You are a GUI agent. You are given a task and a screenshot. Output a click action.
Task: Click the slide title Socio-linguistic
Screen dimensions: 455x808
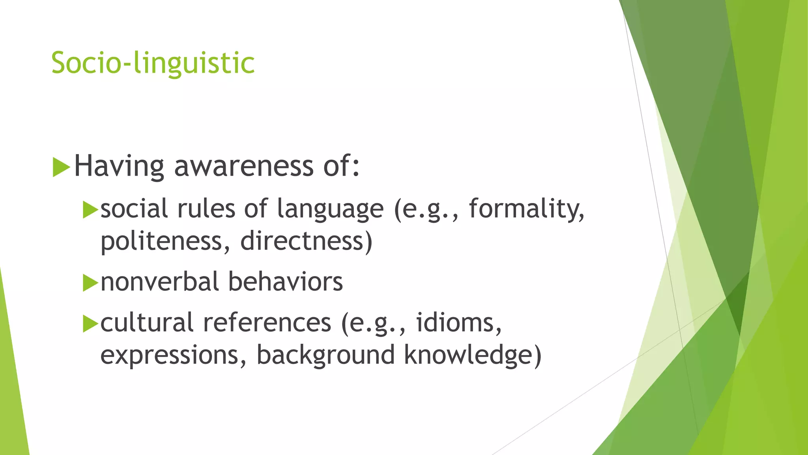[153, 63]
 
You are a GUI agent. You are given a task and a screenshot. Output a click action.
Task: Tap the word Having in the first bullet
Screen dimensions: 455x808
[119, 166]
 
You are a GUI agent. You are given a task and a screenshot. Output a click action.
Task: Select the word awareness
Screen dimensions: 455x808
[244, 166]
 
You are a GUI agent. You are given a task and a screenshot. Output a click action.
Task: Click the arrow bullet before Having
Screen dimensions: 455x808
[61, 167]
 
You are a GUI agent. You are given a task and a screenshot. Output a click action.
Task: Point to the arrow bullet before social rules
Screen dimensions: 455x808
[90, 210]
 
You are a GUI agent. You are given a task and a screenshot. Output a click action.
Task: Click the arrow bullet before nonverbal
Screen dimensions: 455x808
[90, 283]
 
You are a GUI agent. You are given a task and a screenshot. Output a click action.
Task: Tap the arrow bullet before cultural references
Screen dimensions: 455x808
[90, 324]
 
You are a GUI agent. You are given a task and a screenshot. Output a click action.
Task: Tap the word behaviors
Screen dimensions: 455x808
[285, 282]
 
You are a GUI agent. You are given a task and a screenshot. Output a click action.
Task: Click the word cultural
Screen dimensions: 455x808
[147, 323]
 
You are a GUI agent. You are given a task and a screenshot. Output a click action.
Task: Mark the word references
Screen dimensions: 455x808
[267, 323]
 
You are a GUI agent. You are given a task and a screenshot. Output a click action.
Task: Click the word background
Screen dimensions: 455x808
[325, 355]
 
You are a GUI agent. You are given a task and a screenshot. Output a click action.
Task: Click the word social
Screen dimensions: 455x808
[134, 209]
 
